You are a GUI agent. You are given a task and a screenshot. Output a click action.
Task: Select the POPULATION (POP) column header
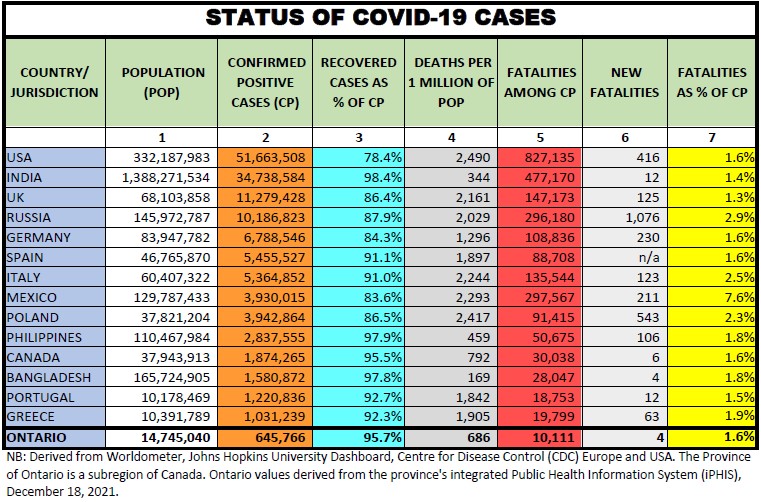(x=163, y=82)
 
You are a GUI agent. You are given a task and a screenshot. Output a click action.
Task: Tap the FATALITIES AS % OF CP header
(x=712, y=82)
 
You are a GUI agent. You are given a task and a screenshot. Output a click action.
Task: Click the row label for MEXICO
(x=32, y=297)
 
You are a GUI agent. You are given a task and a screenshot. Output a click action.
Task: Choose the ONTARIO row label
(x=38, y=437)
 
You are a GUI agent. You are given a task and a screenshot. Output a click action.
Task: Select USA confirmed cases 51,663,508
(x=268, y=157)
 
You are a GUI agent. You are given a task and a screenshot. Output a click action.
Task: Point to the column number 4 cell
(x=451, y=137)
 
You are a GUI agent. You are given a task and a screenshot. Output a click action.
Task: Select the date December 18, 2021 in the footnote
(x=60, y=491)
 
